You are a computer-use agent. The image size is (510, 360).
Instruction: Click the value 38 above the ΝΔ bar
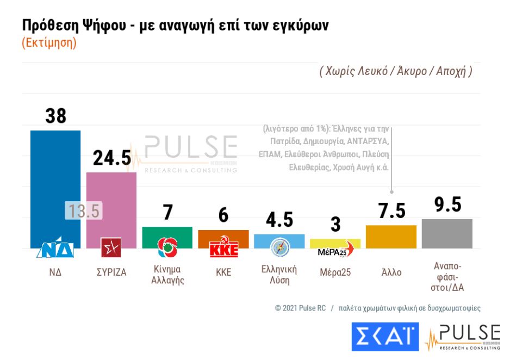(55, 116)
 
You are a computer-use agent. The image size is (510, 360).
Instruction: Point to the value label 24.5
(112, 158)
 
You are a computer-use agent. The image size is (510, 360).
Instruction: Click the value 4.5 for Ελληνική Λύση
(279, 220)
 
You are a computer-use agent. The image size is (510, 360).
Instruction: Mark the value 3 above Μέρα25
(335, 225)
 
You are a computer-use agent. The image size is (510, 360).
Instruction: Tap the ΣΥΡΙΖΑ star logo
(111, 247)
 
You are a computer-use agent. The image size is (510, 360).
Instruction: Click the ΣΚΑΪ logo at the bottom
(384, 337)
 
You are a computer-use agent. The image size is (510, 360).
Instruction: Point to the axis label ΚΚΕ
(223, 272)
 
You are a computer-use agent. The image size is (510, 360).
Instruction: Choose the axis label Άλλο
(391, 272)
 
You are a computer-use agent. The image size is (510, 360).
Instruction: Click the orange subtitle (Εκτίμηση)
(49, 43)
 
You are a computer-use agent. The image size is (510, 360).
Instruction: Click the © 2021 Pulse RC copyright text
(301, 308)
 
